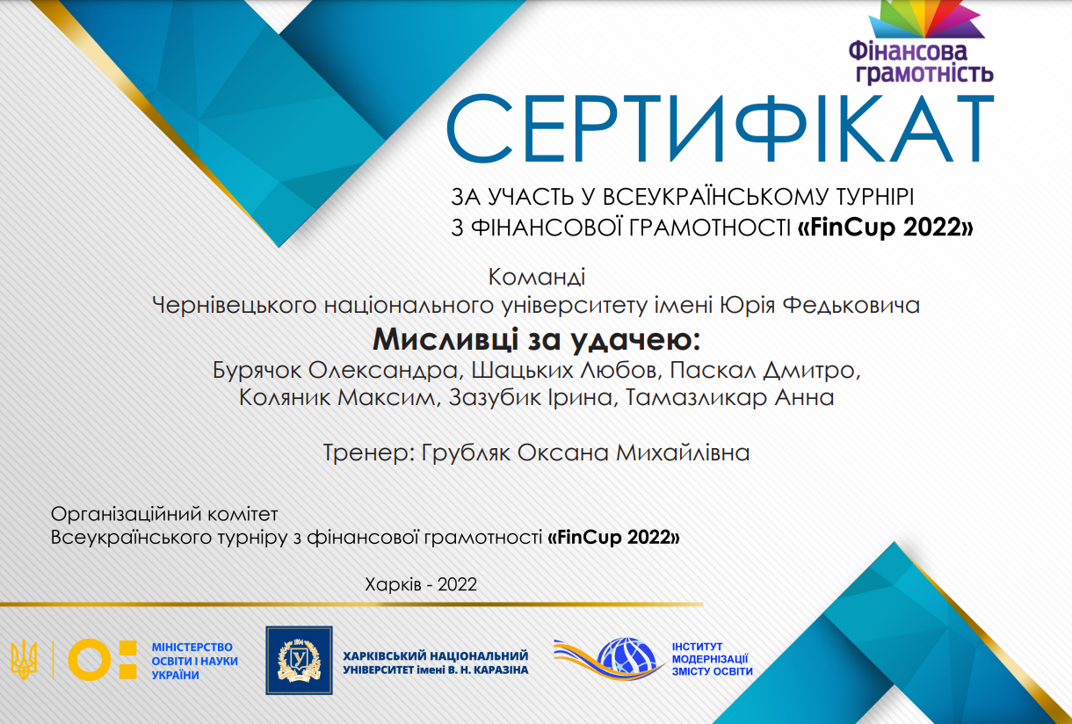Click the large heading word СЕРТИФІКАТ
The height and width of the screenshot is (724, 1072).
[x=721, y=128]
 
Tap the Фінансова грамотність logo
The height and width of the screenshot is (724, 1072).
[x=921, y=43]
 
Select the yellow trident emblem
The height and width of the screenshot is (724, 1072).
[x=24, y=660]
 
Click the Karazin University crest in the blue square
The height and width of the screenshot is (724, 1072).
[x=299, y=661]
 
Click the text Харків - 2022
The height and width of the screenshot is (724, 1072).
[x=421, y=584]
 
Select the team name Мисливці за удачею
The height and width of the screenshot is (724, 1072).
[x=537, y=339]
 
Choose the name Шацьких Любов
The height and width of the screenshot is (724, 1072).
[x=567, y=370]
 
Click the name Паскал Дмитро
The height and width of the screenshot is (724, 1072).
[x=764, y=370]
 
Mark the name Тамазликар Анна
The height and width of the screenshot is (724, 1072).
[x=729, y=398]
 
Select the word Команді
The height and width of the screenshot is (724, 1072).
[x=537, y=277]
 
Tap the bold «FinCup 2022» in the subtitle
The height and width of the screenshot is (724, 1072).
[x=886, y=227]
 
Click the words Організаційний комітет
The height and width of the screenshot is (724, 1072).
[x=164, y=514]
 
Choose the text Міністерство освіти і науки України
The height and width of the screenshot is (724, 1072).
[x=194, y=661]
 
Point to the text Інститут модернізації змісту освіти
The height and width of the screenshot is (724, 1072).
[x=712, y=659]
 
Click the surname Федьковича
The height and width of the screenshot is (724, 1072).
[x=851, y=305]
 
